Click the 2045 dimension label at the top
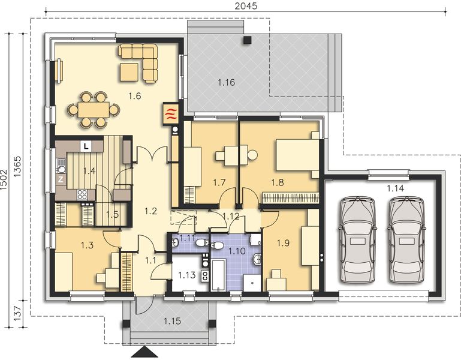246,6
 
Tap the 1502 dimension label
4,179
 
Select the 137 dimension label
17,313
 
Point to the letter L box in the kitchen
86,146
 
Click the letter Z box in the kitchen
61,179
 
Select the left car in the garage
358,240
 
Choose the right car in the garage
406,240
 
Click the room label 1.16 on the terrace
227,82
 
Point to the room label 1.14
395,188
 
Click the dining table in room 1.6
94,110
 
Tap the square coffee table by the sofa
129,73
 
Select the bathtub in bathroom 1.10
218,275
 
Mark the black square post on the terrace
248,40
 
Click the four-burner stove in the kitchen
82,195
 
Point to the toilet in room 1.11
201,243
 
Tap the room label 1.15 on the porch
172,321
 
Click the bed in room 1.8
297,155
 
